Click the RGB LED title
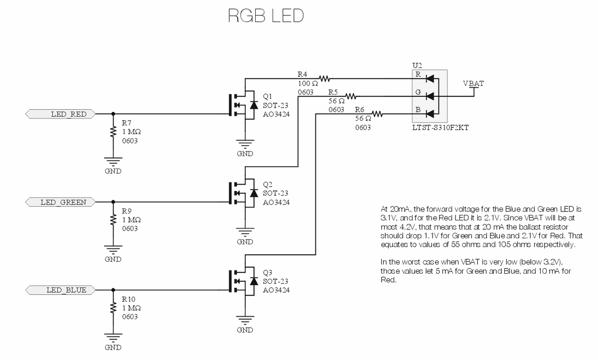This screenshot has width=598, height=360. (266, 16)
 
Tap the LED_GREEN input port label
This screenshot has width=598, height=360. (63, 202)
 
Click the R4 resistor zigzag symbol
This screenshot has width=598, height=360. (325, 78)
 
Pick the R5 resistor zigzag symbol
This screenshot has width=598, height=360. (351, 96)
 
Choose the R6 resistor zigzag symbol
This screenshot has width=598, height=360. (377, 114)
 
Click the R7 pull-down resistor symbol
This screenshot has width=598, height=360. (114, 133)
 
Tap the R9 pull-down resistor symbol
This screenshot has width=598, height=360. (114, 221)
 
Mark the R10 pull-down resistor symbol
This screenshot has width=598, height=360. (114, 309)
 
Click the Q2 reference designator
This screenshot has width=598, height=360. (268, 184)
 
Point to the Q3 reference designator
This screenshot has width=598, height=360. (268, 272)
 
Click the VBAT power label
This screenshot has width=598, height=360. (473, 83)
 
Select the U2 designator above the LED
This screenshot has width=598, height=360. (417, 65)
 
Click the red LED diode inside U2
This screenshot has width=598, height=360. (430, 78)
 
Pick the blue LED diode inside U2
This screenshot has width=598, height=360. (430, 114)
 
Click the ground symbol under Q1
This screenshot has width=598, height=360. (245, 145)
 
